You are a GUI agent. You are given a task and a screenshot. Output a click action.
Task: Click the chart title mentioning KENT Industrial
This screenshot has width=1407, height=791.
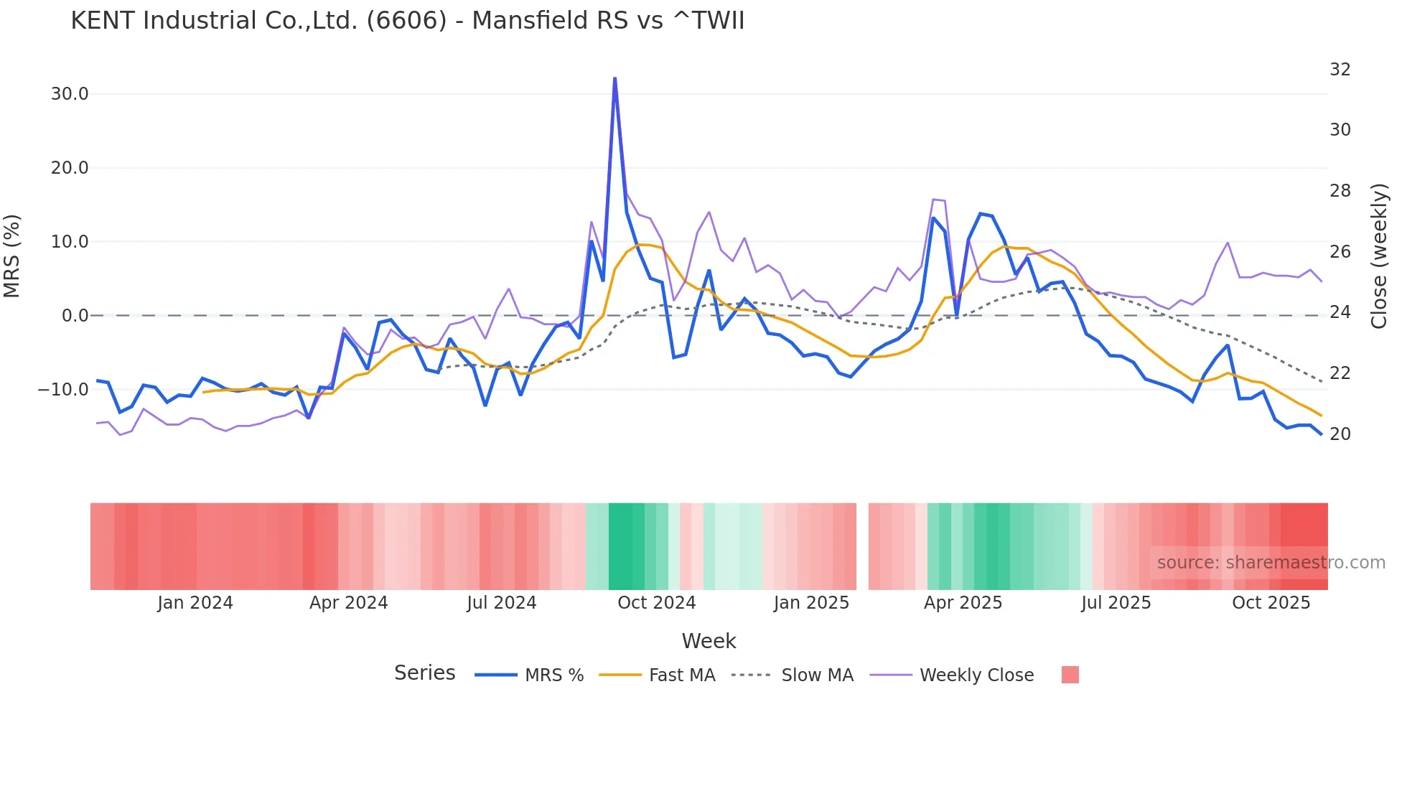coord(407,21)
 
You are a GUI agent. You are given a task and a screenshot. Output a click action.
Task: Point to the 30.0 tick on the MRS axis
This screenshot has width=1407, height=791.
coord(70,94)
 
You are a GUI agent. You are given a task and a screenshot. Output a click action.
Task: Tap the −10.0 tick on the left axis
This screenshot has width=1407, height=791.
coord(63,390)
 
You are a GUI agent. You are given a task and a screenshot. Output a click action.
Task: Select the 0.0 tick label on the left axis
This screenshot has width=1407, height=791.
coord(75,316)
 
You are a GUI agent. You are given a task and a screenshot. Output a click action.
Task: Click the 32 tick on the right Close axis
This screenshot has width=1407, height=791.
coord(1340,70)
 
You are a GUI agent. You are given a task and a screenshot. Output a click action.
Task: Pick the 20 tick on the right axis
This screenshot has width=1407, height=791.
coord(1340,434)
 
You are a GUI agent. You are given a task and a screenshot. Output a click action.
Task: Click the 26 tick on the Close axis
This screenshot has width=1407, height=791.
coord(1340,252)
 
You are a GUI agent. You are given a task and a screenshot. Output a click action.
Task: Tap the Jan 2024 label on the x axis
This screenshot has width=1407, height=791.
coord(195,603)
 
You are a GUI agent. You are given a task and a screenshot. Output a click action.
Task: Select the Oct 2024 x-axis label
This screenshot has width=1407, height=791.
coord(656,603)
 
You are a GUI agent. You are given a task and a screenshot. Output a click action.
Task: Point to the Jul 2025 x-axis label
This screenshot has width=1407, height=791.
coord(1116,603)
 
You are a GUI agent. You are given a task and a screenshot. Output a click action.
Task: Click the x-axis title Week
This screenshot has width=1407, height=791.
coord(709,641)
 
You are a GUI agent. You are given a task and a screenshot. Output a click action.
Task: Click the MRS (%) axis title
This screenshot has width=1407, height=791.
coord(12,256)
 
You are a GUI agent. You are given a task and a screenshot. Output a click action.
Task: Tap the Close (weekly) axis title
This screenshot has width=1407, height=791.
coord(1379,256)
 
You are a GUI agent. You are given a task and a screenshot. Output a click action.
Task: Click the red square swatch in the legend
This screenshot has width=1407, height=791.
coord(1070,675)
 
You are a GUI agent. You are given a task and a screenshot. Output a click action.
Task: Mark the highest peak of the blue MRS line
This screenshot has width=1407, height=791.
coord(615,78)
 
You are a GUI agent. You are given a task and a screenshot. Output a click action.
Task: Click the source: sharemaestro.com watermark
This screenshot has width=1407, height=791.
coord(1271,563)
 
